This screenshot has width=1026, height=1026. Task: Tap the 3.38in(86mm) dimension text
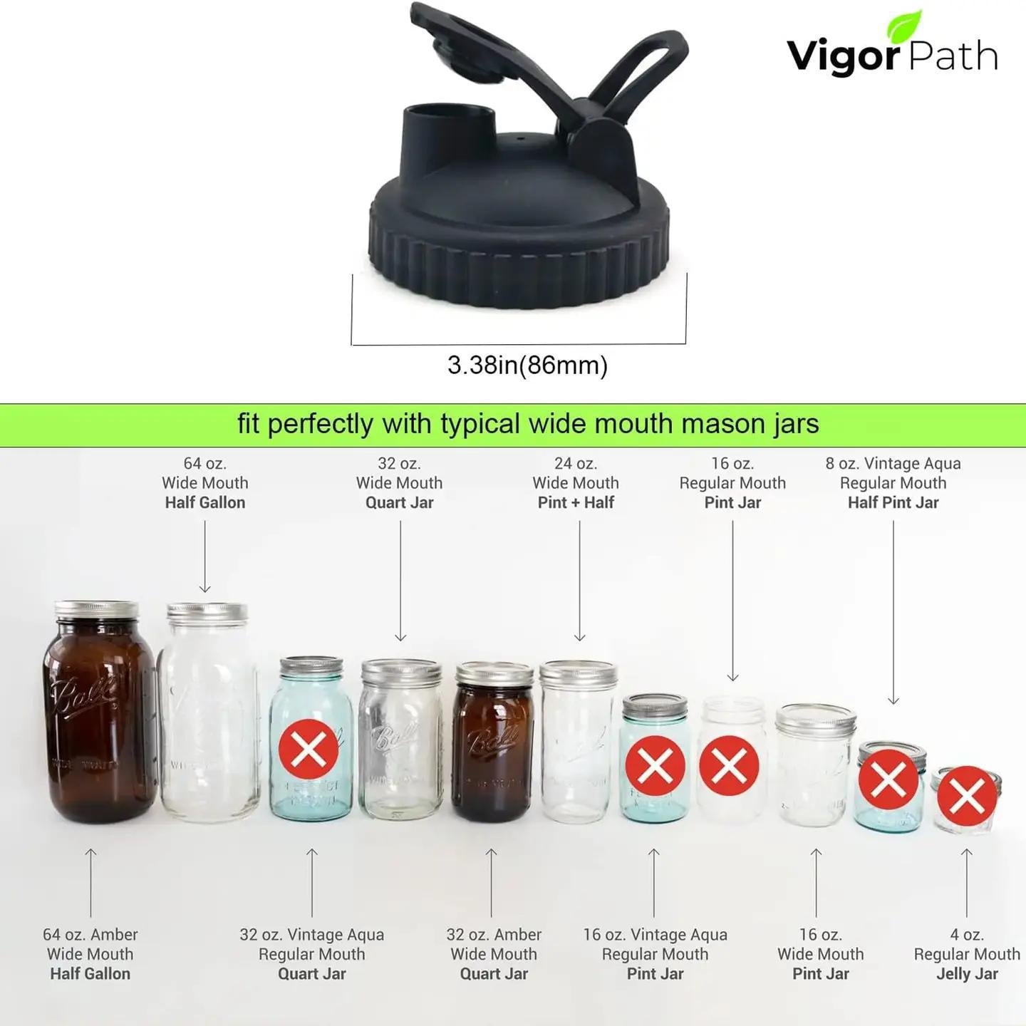(527, 366)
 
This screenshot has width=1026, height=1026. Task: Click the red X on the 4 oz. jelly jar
(966, 795)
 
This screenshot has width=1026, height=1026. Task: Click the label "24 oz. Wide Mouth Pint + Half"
(576, 483)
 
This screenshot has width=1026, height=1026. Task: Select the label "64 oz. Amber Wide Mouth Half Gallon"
(90, 954)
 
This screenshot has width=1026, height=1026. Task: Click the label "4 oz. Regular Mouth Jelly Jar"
(967, 954)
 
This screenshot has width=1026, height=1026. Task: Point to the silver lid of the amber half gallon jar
(97, 610)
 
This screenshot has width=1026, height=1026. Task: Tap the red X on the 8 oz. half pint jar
(888, 780)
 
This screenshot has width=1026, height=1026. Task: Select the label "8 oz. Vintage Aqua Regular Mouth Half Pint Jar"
(893, 483)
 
